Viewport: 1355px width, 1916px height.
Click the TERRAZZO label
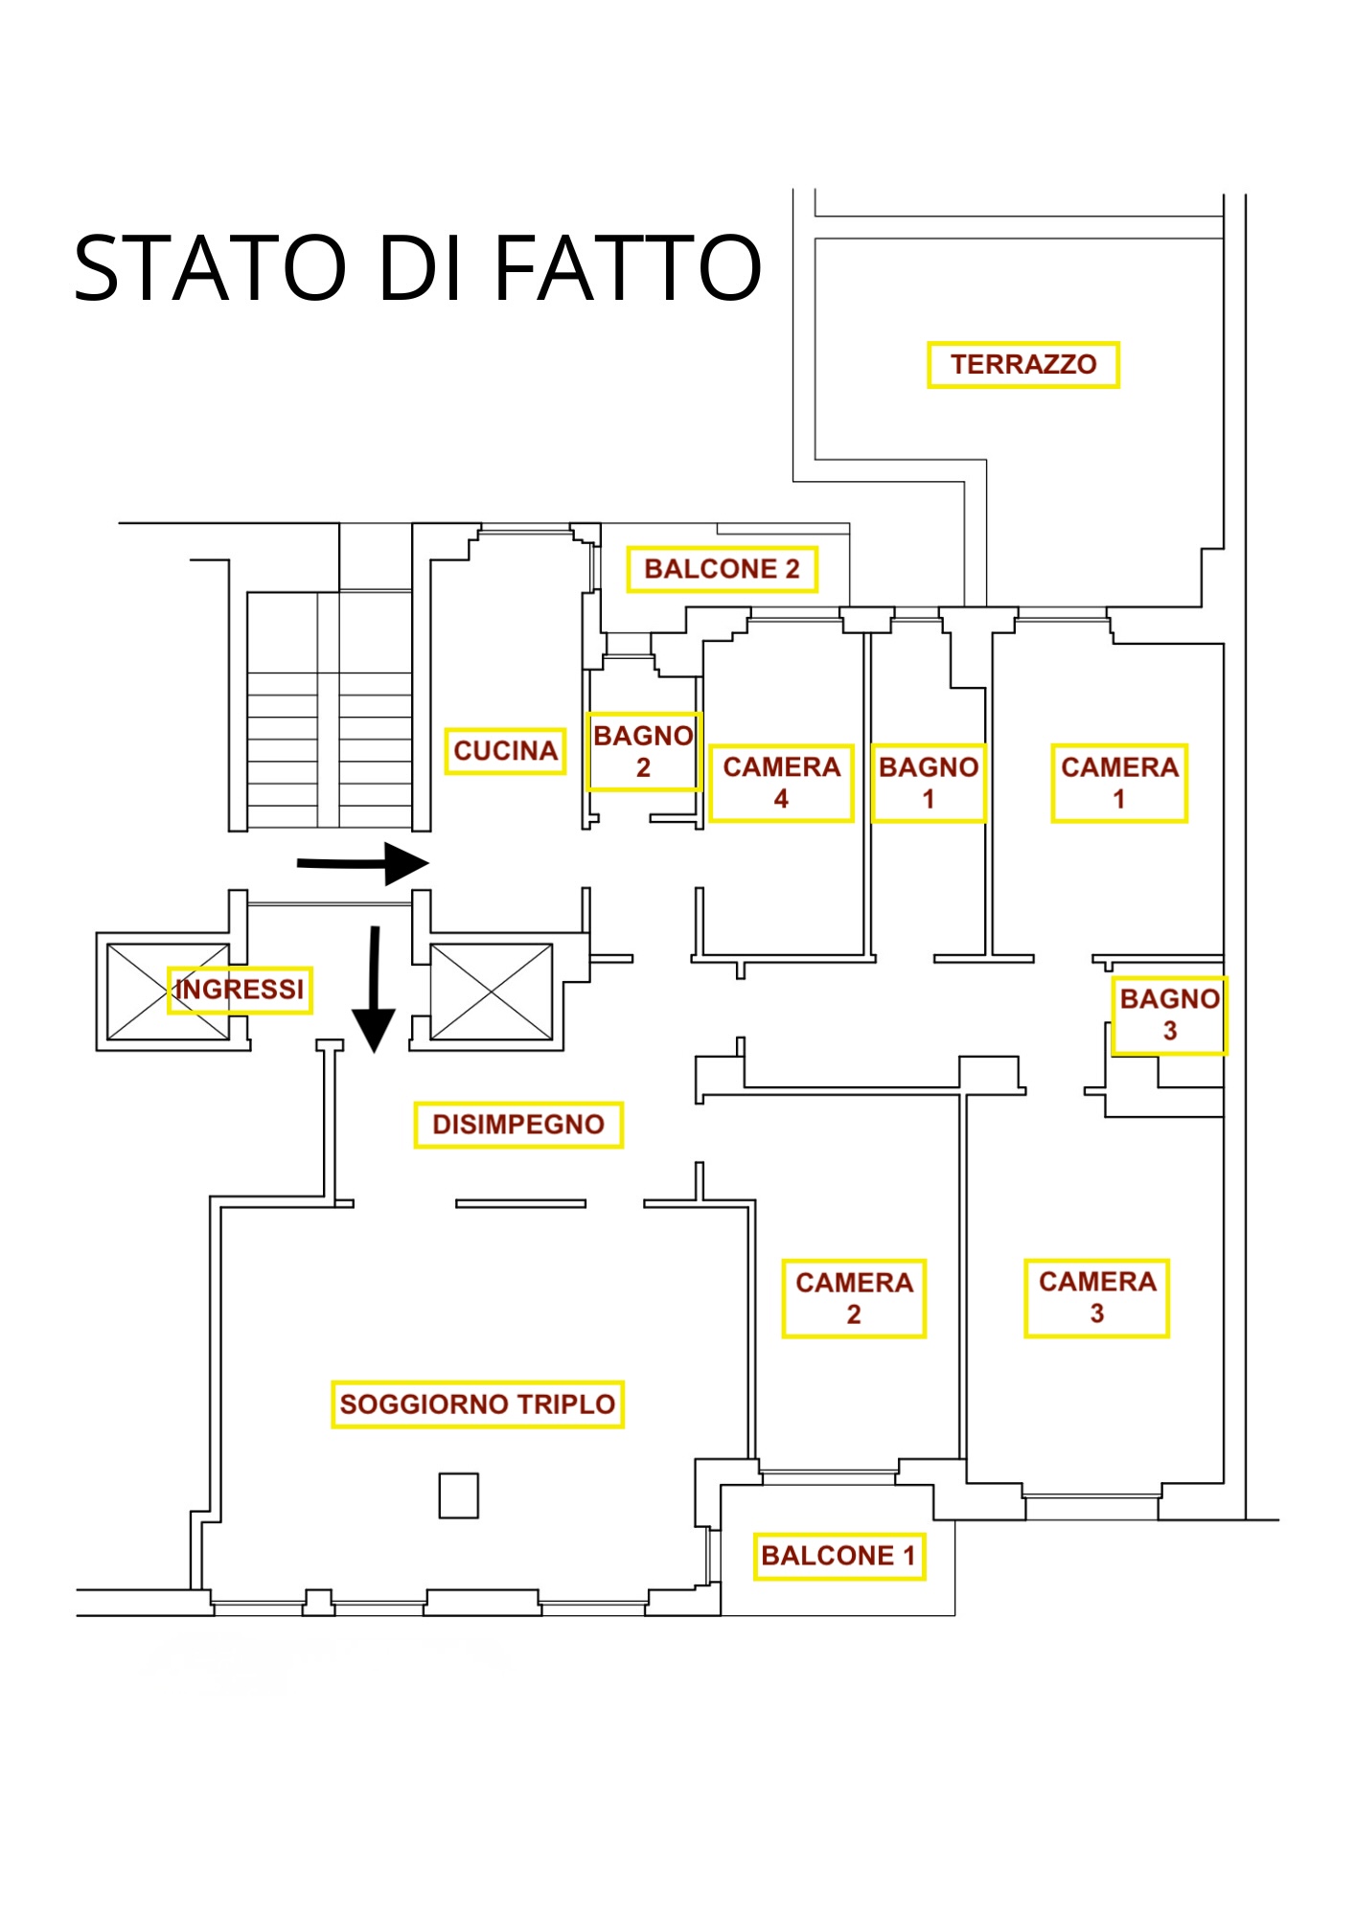(x=1022, y=365)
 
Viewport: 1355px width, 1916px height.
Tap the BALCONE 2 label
(x=722, y=569)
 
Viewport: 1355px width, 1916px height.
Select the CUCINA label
(x=505, y=751)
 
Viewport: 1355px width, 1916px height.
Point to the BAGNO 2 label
(x=644, y=752)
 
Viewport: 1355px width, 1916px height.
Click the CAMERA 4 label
(x=781, y=783)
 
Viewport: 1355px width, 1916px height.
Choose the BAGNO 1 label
(x=929, y=783)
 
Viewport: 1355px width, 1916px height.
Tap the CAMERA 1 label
(x=1119, y=783)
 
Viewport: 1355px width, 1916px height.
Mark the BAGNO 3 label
(x=1169, y=1015)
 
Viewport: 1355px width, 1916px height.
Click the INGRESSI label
(x=240, y=990)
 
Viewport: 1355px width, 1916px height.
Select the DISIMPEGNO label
(x=518, y=1125)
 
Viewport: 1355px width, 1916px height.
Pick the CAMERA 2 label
(x=854, y=1298)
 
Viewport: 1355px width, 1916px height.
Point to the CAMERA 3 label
(x=1097, y=1298)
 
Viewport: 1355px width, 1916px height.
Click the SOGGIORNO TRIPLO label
(x=477, y=1404)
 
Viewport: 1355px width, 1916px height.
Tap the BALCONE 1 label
(x=838, y=1556)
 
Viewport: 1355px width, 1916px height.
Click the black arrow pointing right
(x=363, y=863)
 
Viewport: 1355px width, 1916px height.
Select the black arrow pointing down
(x=374, y=990)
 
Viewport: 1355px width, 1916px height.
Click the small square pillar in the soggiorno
(x=458, y=1494)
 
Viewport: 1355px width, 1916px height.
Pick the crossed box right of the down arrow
(x=492, y=992)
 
